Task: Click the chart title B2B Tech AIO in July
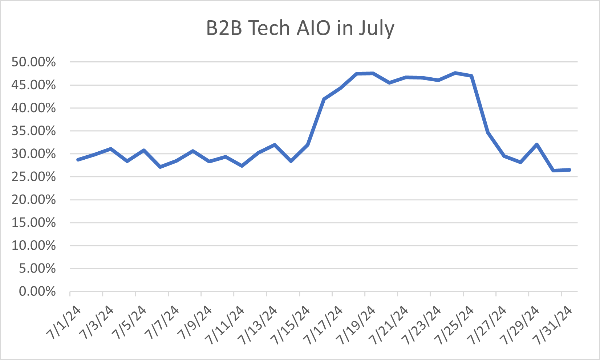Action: (x=300, y=28)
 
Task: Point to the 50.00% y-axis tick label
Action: (x=33, y=62)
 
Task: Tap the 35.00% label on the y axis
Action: (x=33, y=131)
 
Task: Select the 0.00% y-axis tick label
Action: (x=37, y=291)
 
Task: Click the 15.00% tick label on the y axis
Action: (x=33, y=223)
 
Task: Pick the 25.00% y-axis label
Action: (x=33, y=177)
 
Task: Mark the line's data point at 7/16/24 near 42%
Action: (x=324, y=99)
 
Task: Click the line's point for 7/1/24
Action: (x=78, y=160)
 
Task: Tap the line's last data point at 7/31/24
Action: (x=570, y=170)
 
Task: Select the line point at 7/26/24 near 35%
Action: (x=488, y=132)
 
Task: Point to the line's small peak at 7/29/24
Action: (x=537, y=144)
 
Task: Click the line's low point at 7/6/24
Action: (x=160, y=167)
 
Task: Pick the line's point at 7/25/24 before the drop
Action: (x=471, y=76)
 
